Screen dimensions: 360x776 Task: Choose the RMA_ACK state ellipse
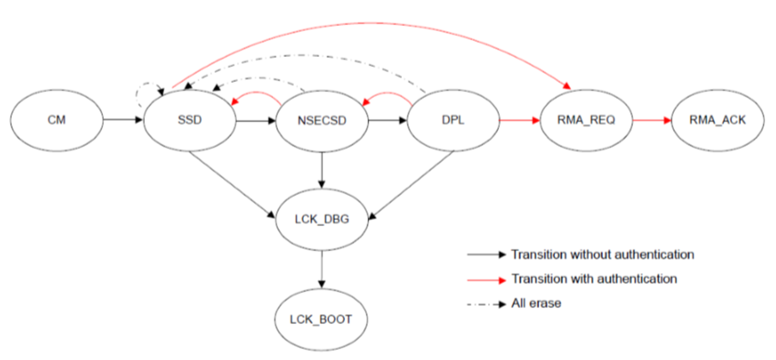click(717, 121)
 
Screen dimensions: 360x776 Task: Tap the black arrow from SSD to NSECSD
click(255, 121)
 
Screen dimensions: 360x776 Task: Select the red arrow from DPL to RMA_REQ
click(519, 121)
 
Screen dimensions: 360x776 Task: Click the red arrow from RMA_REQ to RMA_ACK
click(651, 121)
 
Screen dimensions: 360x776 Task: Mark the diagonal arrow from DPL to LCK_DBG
click(409, 186)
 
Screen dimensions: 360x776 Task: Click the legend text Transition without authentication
click(602, 254)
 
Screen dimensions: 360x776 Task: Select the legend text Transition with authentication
click(594, 278)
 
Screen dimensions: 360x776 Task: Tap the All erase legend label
click(536, 303)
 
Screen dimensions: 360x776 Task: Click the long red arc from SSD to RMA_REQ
click(368, 26)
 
